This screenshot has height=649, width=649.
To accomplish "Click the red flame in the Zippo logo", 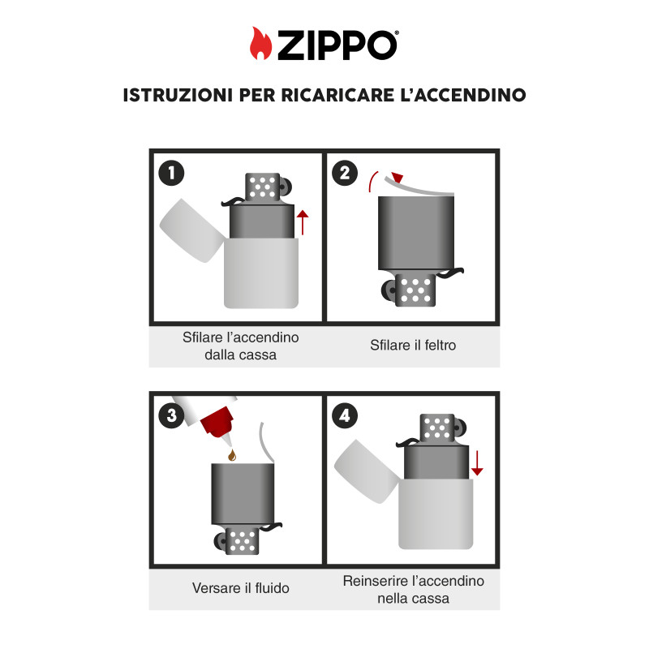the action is click(260, 44).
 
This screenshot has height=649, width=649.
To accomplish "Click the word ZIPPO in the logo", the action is click(337, 45).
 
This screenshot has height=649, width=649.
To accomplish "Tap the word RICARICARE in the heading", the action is click(337, 95).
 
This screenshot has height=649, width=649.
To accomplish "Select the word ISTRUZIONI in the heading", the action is click(178, 95).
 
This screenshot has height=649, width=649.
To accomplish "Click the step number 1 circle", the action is click(171, 173).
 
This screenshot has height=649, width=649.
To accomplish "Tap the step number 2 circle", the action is click(345, 173).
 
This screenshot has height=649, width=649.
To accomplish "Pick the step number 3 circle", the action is click(171, 415).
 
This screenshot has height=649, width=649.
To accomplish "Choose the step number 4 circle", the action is click(345, 415).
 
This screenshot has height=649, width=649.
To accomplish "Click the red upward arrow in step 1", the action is click(303, 222).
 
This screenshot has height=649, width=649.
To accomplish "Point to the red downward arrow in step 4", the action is click(477, 463).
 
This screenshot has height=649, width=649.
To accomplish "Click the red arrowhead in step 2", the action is click(398, 177).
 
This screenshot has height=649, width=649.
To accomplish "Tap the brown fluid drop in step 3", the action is click(232, 455).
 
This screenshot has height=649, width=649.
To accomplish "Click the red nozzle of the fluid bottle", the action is click(218, 423).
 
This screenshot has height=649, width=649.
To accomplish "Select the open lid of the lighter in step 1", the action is click(192, 230).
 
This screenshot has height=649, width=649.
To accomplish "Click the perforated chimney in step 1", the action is click(262, 187).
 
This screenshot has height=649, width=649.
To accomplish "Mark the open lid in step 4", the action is click(367, 471).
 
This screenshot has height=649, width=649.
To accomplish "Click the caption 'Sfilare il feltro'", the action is click(413, 345).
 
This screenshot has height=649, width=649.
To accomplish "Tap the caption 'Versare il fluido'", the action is click(240, 587).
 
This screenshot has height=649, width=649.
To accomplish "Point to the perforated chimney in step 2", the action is click(415, 290).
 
